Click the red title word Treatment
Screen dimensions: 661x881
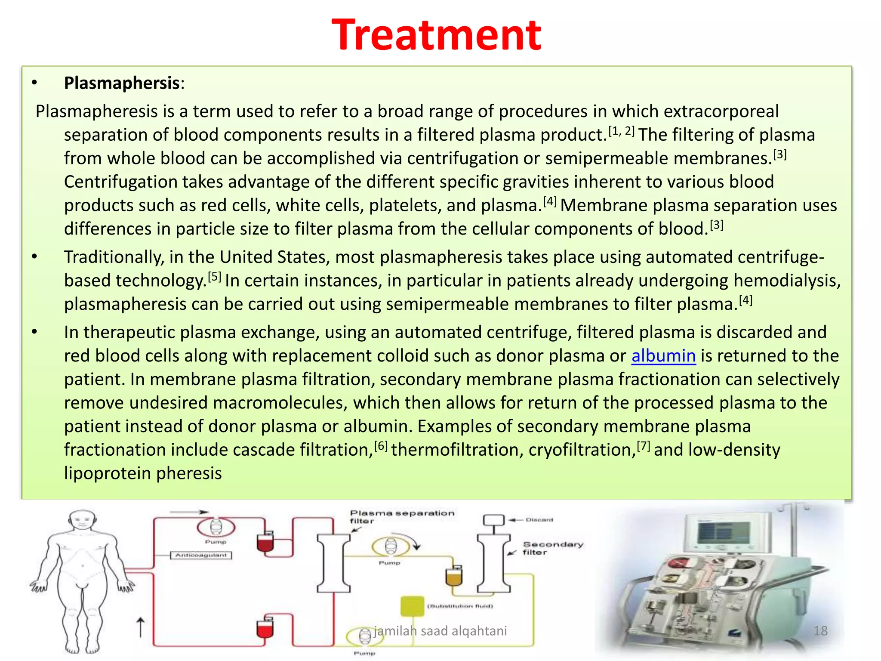click(x=436, y=35)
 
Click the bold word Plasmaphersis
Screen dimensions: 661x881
click(x=121, y=83)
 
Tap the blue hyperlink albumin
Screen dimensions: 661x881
click(x=663, y=356)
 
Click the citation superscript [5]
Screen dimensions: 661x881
click(x=214, y=276)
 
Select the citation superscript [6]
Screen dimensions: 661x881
click(x=381, y=445)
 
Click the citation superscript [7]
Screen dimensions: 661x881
click(x=643, y=445)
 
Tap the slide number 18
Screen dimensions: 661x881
click(x=820, y=630)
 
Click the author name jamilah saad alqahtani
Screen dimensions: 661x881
click(x=440, y=630)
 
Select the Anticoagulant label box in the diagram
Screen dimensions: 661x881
click(x=201, y=555)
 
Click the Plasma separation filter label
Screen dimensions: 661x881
click(x=401, y=516)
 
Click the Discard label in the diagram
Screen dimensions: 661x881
click(x=539, y=520)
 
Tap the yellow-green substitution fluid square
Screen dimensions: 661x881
click(x=412, y=606)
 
